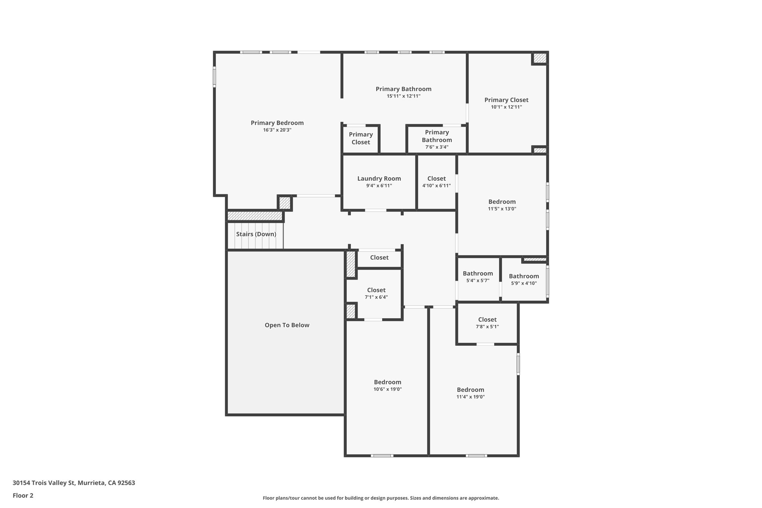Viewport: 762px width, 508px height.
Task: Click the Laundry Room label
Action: tap(379, 179)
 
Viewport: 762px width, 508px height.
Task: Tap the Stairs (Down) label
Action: tap(256, 234)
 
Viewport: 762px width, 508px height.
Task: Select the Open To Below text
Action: tap(287, 325)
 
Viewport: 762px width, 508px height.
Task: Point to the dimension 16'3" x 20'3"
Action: tap(277, 130)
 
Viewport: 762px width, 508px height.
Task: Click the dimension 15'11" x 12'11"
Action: tap(404, 96)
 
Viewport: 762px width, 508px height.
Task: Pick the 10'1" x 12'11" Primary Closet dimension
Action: tap(506, 107)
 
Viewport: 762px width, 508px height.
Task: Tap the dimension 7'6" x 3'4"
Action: tap(437, 147)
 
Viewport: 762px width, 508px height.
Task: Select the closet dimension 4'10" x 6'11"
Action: tap(436, 186)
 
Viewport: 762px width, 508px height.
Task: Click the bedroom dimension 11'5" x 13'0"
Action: tap(502, 209)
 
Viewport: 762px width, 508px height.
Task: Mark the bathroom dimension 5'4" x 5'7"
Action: tap(478, 281)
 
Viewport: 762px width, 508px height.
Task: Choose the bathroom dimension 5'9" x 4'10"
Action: tap(524, 283)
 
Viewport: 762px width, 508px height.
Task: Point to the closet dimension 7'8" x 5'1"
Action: tap(487, 327)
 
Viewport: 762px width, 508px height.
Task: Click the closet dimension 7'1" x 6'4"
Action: tap(376, 297)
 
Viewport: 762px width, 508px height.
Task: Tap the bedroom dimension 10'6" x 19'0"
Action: tap(387, 389)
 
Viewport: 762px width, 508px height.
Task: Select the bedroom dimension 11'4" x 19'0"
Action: tap(471, 397)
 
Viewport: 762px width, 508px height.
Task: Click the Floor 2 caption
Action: tap(23, 495)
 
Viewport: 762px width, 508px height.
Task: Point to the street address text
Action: tap(74, 483)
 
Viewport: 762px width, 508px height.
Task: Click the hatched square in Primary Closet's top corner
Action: tap(540, 58)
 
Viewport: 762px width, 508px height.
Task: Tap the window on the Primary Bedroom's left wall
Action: tap(214, 77)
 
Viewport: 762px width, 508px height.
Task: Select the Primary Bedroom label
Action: tap(277, 123)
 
